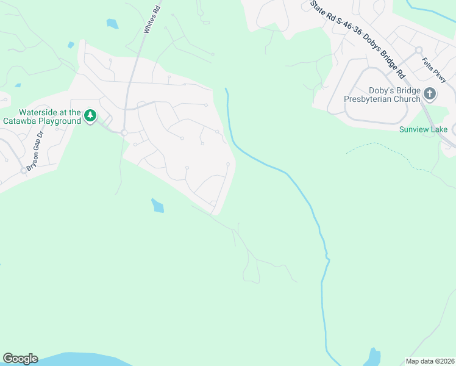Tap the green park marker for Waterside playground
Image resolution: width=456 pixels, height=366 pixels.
click(x=90, y=115)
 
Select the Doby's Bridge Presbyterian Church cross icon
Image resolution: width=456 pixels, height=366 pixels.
click(x=430, y=94)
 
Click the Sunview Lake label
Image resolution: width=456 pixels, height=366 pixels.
click(x=423, y=129)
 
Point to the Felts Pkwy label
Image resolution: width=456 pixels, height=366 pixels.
click(x=435, y=70)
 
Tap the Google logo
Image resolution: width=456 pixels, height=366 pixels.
click(x=20, y=359)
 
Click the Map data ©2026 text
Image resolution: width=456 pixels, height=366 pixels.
click(x=430, y=361)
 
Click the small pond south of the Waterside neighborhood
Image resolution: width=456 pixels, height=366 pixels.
click(x=157, y=206)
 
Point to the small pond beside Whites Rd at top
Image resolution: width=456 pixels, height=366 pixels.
click(x=112, y=24)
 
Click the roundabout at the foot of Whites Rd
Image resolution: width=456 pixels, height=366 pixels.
click(x=124, y=132)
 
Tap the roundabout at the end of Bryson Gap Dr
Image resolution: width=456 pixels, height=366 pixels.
click(x=24, y=170)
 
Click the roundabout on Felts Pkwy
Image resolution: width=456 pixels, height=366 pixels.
click(x=419, y=50)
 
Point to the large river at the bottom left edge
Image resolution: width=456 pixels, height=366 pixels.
click(x=73, y=359)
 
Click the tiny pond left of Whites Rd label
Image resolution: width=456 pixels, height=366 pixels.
click(x=71, y=45)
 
